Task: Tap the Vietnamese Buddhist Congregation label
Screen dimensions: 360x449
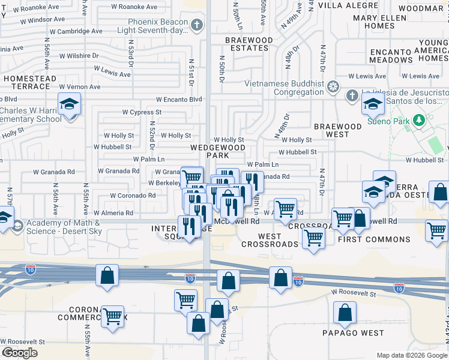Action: (283, 88)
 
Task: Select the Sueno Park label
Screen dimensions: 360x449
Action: (388, 121)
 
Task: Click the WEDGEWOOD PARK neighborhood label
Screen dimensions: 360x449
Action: (218, 151)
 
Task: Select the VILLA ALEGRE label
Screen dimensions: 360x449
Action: (342, 5)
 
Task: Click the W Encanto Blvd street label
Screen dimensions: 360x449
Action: (179, 100)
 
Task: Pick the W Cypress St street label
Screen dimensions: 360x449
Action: (142, 112)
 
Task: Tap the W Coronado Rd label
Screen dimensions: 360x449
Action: (133, 196)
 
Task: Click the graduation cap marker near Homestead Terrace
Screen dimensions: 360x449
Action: (69, 104)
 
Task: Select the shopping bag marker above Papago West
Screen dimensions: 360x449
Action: (345, 313)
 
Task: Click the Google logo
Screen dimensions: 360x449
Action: (19, 353)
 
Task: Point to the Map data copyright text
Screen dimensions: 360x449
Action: (411, 355)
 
